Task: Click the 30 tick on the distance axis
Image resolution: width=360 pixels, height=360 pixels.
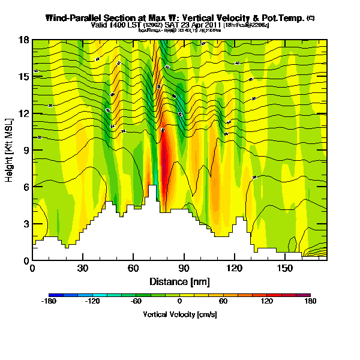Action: click(83, 268)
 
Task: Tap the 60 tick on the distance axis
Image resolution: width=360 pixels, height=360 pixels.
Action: click(133, 268)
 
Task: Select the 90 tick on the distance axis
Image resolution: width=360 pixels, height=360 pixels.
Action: click(184, 268)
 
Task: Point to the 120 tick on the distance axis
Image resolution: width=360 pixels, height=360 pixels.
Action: click(234, 268)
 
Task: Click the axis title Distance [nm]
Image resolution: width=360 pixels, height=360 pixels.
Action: click(179, 281)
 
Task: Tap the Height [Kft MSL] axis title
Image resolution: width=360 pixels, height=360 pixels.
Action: click(10, 150)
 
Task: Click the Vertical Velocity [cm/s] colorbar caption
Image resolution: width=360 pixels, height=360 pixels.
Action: click(179, 315)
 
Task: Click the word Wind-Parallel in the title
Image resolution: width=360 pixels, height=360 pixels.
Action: click(71, 19)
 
